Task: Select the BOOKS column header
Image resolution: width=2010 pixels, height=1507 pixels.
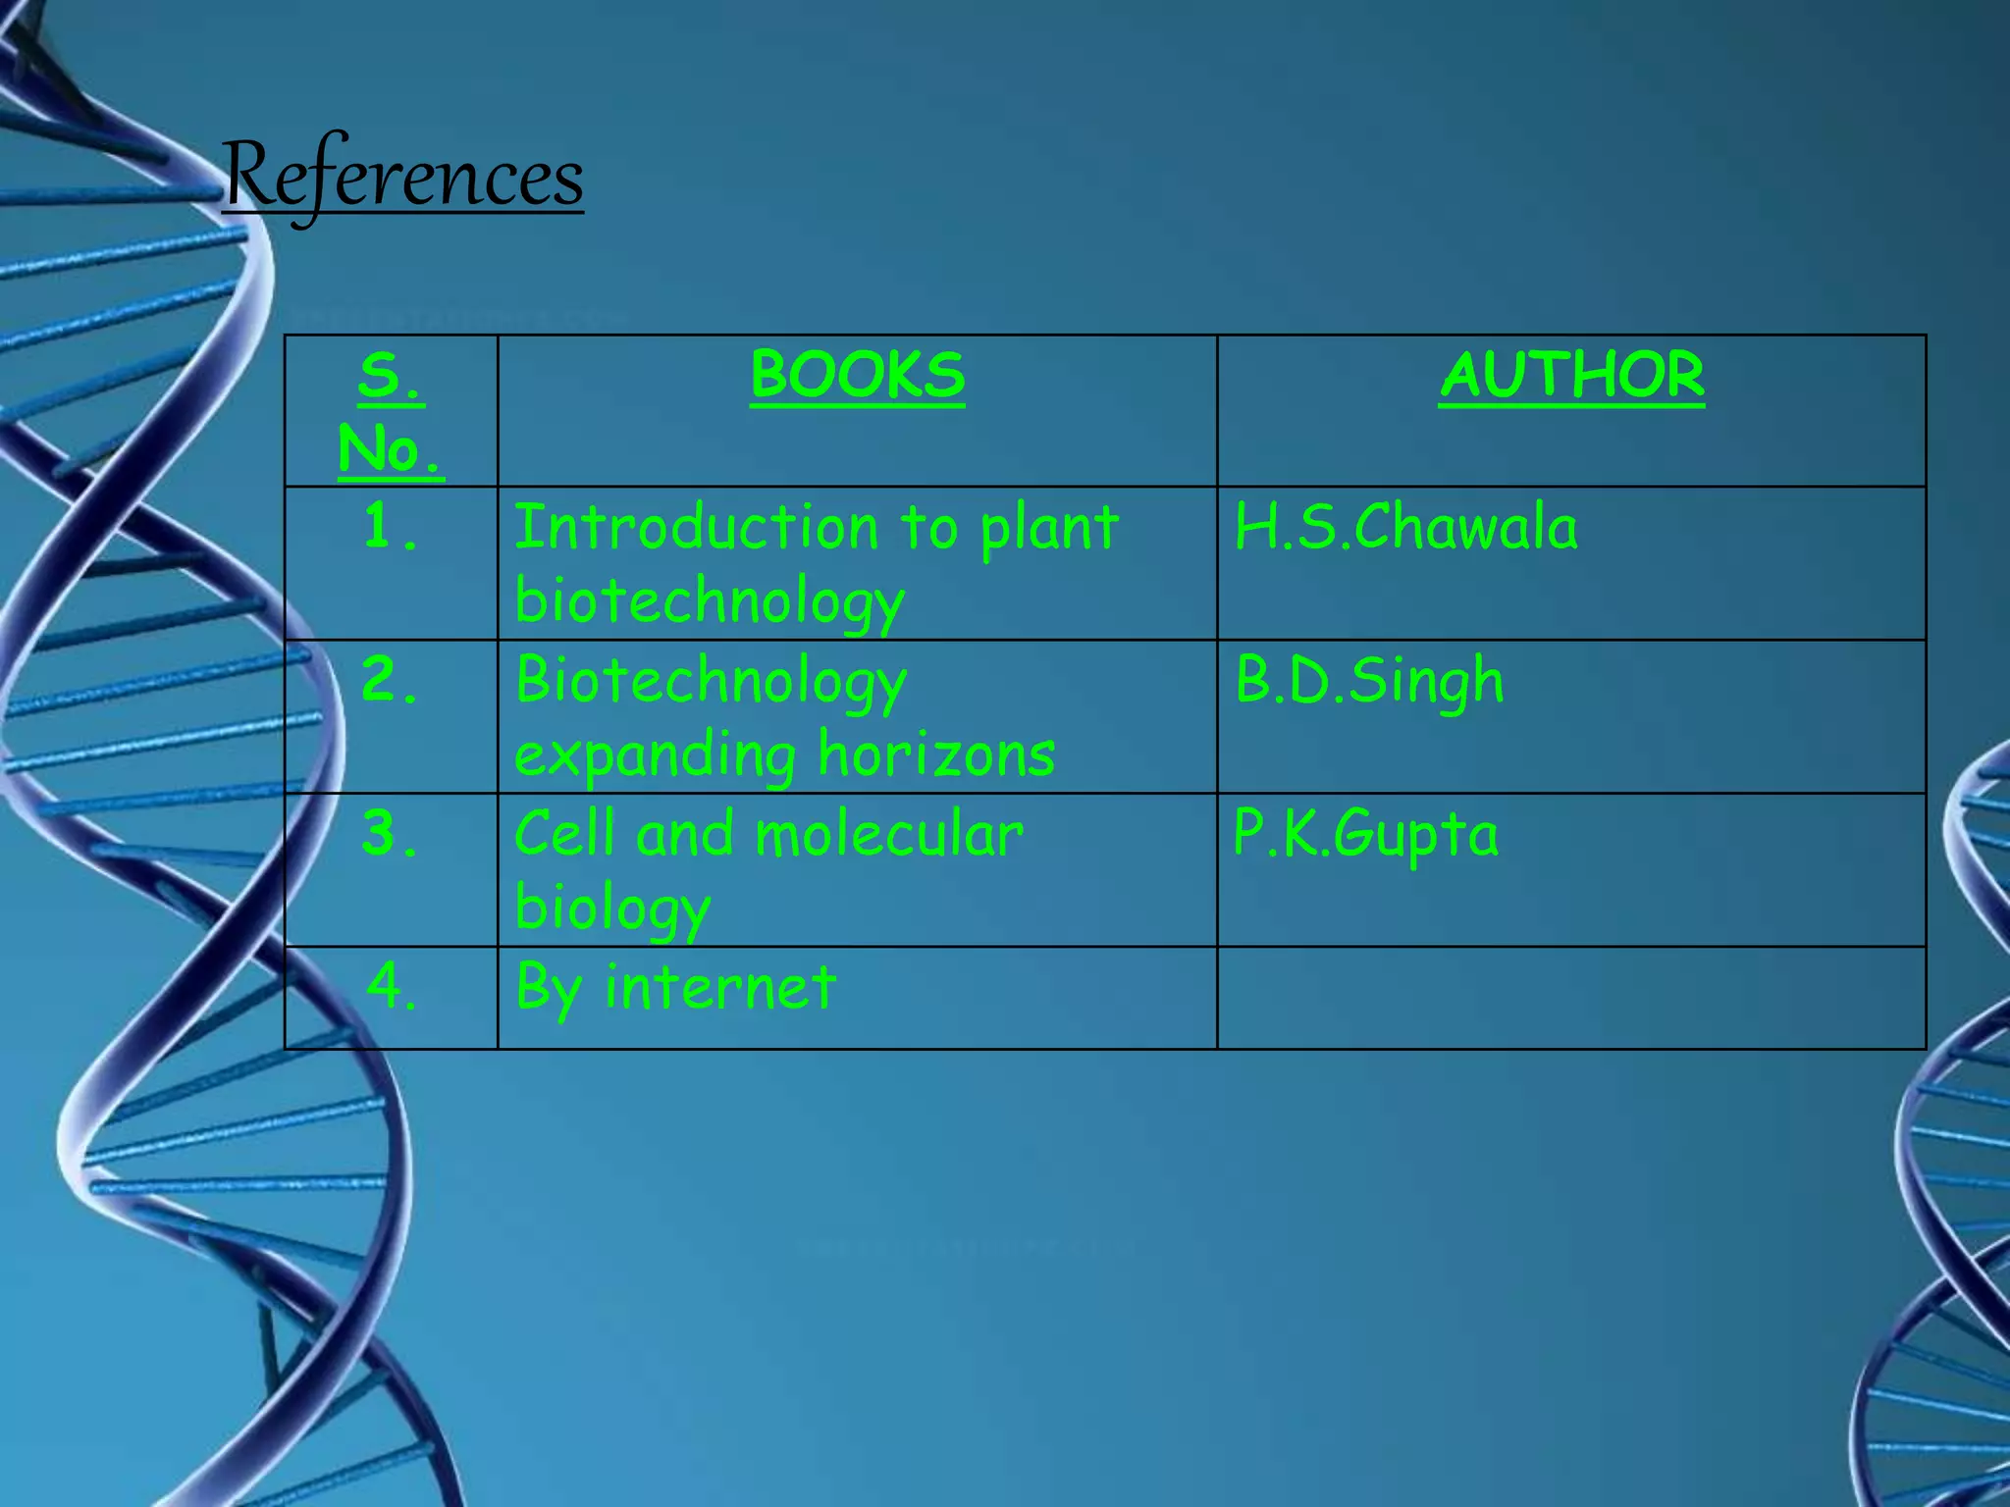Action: pyautogui.click(x=857, y=375)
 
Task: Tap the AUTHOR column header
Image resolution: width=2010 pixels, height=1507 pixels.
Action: pyautogui.click(x=1571, y=375)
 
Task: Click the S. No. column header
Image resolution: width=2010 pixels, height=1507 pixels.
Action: pyautogui.click(x=391, y=412)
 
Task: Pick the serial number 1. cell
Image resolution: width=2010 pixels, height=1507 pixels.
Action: pyautogui.click(x=391, y=527)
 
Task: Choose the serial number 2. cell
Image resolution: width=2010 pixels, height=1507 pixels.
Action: pyautogui.click(x=391, y=680)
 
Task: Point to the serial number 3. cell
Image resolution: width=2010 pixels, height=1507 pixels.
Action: pyautogui.click(x=391, y=834)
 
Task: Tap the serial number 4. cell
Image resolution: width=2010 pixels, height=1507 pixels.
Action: pyautogui.click(x=391, y=986)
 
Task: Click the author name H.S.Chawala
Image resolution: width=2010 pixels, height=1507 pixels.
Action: pyautogui.click(x=1405, y=527)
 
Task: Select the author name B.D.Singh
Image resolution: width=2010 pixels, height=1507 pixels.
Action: pyautogui.click(x=1369, y=680)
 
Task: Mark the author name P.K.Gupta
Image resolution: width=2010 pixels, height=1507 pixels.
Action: pyautogui.click(x=1365, y=834)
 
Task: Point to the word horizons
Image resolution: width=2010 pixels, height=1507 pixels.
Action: pyautogui.click(x=936, y=755)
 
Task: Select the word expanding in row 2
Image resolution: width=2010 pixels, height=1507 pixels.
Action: pyautogui.click(x=655, y=757)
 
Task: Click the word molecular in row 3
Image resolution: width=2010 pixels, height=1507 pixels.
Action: pyautogui.click(x=889, y=834)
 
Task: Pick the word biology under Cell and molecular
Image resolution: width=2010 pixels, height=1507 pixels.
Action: pyautogui.click(x=611, y=909)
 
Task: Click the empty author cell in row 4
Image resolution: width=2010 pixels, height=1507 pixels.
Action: pyautogui.click(x=1570, y=998)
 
